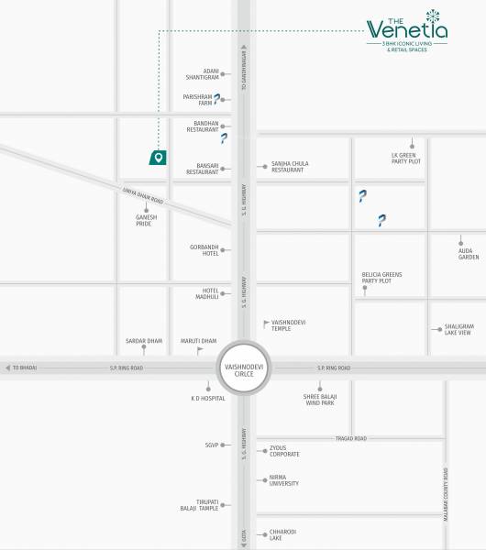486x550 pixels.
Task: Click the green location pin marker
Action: (x=159, y=157)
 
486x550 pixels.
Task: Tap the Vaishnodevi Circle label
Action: (x=243, y=369)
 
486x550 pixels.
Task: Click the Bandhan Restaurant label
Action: (x=203, y=126)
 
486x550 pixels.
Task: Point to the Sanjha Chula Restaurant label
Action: (x=289, y=167)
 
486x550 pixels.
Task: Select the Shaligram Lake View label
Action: (x=458, y=329)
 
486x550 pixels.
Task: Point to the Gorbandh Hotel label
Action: (x=204, y=250)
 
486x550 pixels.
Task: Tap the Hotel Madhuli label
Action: (x=204, y=293)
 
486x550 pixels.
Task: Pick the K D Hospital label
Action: (x=207, y=399)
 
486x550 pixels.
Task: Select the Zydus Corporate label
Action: (x=284, y=451)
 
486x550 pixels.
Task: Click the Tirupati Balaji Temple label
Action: (x=201, y=504)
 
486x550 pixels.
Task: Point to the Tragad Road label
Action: (x=350, y=438)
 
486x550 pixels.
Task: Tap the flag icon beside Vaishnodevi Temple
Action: (x=266, y=323)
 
